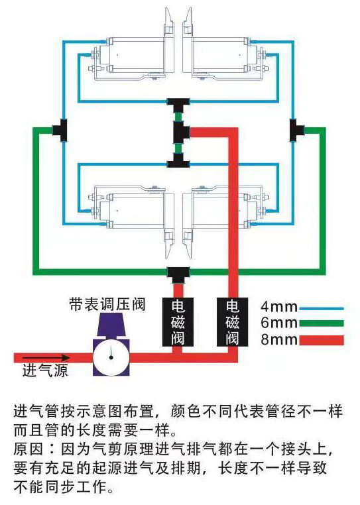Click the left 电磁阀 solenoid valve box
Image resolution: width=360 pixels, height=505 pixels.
[178, 321]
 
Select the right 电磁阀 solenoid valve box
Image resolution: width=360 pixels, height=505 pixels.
[232, 321]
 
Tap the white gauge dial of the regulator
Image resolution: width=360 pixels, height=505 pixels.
[111, 357]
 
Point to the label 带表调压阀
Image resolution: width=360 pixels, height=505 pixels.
[107, 304]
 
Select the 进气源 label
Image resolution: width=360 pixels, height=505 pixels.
[45, 370]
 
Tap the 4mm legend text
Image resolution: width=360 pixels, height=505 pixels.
[279, 307]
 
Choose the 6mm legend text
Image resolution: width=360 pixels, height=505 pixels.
[279, 323]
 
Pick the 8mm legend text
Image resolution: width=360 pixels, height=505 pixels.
[279, 339]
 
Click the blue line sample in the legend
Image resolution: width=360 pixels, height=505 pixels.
[322, 309]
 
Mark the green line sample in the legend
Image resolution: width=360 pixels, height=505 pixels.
[322, 323]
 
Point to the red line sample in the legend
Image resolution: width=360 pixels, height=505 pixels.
[322, 341]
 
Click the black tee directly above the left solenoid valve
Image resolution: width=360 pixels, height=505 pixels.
[178, 274]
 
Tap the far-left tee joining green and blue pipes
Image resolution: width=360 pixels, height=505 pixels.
[60, 130]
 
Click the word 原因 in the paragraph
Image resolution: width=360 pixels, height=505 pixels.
[29, 449]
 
